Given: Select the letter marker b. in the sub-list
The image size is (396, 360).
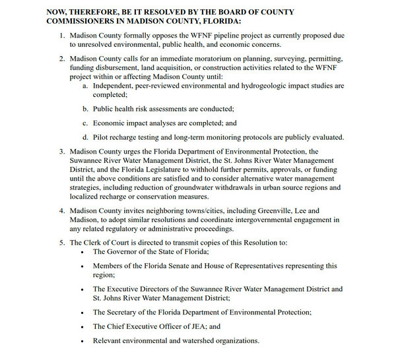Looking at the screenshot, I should click(86, 108).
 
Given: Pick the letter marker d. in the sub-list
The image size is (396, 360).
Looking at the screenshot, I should click(86, 137).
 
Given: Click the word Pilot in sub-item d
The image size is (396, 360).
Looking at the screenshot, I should click(102, 137).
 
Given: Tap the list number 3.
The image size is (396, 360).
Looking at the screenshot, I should click(61, 152).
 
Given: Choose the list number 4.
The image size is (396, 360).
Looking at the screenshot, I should click(61, 211).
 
